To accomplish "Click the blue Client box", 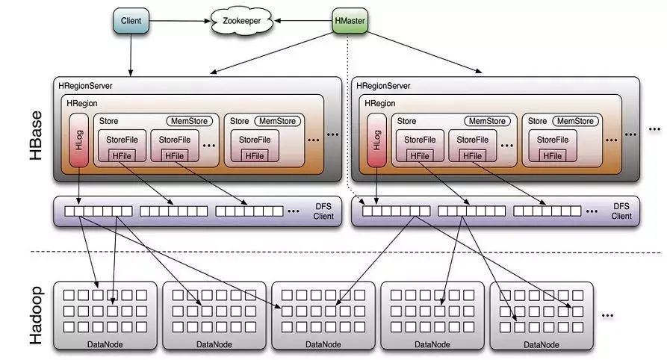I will pyautogui.click(x=130, y=20).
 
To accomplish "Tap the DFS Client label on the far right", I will pyautogui.click(x=621, y=211).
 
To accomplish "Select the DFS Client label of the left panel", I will pyautogui.click(x=323, y=211).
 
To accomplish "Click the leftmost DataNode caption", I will pyautogui.click(x=105, y=344).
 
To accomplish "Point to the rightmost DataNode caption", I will pyautogui.click(x=541, y=344).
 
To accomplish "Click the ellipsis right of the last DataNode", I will pyautogui.click(x=606, y=316).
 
